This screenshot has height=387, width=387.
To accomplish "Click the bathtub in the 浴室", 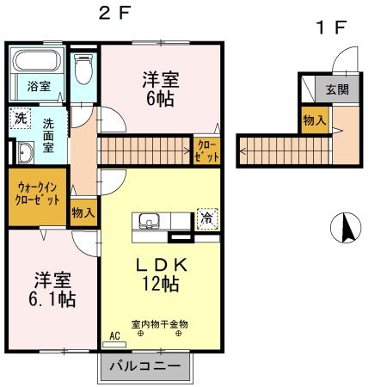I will coord(35,63).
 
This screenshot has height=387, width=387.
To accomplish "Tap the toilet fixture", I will coord(83,67).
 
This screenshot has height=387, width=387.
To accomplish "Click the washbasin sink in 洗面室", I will coord(25,152).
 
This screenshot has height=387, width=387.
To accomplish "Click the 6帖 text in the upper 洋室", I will coord(160,99).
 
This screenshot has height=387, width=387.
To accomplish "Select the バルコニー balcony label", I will coord(145,367).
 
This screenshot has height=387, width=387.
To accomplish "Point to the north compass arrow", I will coord(347,227).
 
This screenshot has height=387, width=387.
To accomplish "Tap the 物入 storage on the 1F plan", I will coord(313,121).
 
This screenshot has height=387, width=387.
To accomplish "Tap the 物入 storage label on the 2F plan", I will coord(83,210).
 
